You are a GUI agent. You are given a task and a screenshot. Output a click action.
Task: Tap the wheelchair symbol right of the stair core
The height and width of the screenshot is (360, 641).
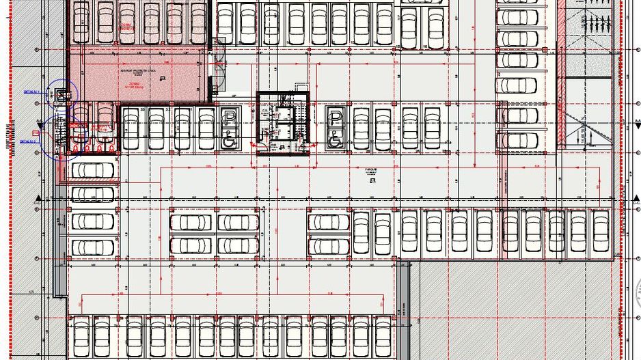335,140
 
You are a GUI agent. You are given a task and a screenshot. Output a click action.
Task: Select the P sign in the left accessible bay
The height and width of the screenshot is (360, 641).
230,117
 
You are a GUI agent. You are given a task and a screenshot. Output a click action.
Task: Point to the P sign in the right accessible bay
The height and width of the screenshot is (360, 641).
336,117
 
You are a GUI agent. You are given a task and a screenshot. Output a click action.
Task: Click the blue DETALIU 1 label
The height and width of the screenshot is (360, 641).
31,91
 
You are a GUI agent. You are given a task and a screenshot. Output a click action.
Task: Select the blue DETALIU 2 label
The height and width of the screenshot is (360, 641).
27,141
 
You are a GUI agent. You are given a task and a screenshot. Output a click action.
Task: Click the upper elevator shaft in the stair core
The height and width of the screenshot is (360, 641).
283,113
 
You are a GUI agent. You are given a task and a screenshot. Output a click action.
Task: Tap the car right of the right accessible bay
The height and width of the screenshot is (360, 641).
361,128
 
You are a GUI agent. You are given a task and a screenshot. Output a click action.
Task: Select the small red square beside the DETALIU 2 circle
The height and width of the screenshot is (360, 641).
74,126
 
